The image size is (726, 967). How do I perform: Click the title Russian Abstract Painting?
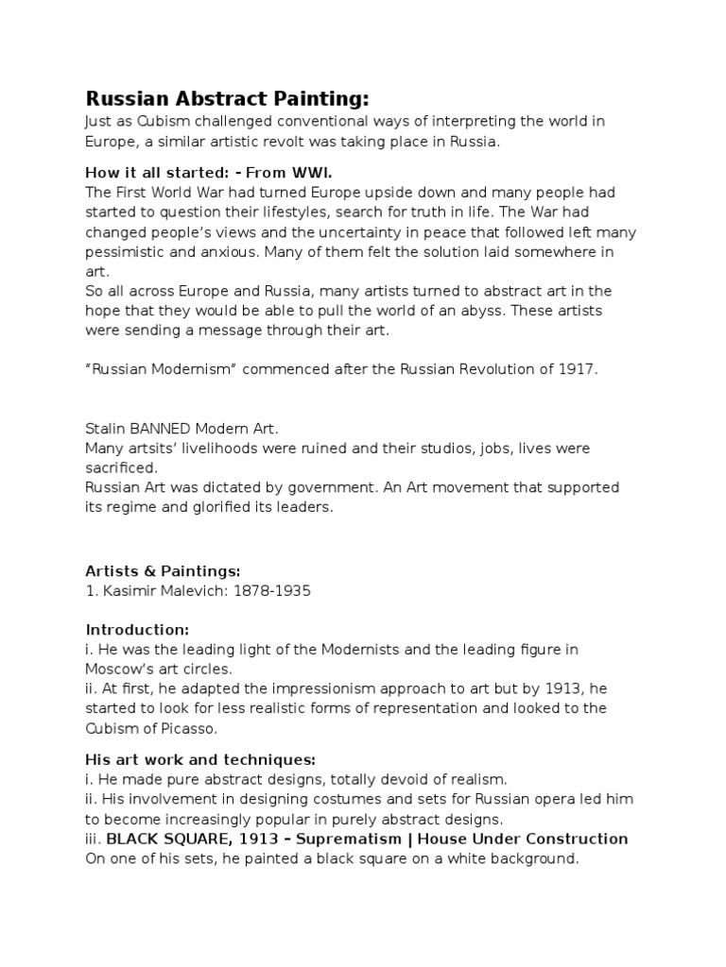[x=227, y=99]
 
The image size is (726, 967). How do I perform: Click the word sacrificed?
[x=122, y=467]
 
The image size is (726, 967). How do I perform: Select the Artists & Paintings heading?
[x=164, y=570]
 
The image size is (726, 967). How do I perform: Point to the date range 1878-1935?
[x=270, y=591]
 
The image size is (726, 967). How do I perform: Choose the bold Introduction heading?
[x=137, y=629]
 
